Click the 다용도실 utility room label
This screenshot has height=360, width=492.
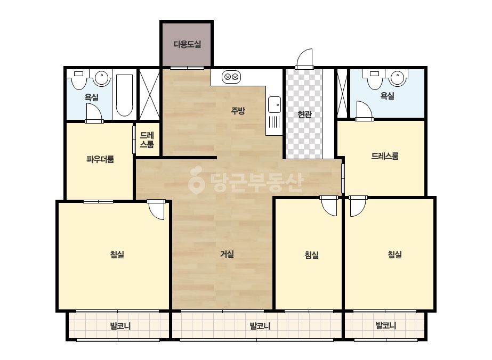(187, 44)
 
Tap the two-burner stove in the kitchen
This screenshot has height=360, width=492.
(231, 77)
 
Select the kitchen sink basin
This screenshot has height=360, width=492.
(275, 104)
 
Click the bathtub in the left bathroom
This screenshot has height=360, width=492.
(124, 95)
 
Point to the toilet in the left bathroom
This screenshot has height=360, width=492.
(78, 79)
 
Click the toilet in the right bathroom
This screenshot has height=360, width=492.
(375, 79)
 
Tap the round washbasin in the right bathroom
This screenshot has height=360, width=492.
(397, 78)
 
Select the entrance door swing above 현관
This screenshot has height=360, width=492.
(305, 59)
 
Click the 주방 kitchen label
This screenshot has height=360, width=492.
(238, 110)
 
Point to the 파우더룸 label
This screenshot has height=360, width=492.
(100, 159)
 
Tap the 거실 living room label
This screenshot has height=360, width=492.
(227, 253)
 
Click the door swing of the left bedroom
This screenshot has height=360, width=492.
(156, 210)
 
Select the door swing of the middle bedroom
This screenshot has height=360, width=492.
(329, 206)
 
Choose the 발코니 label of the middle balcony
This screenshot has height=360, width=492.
(260, 326)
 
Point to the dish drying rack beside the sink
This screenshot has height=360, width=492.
(274, 122)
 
